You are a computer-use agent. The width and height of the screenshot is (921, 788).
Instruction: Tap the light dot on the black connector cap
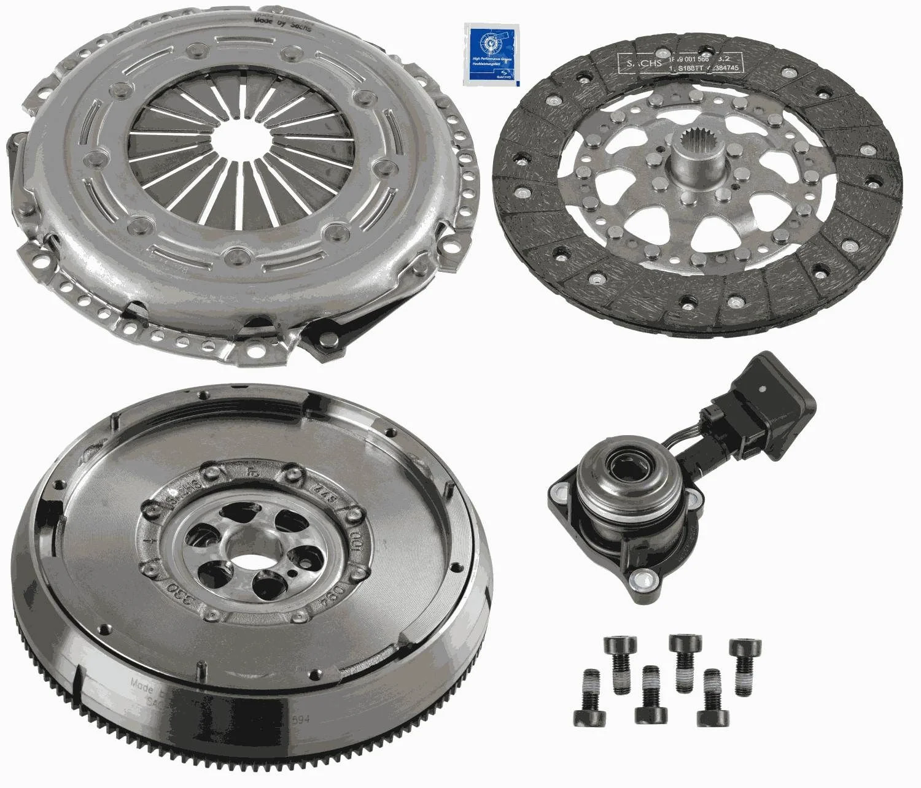point(761,388)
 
